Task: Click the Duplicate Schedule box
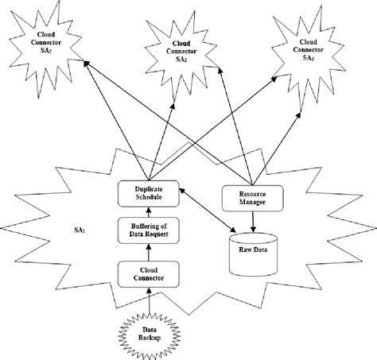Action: [x=150, y=192]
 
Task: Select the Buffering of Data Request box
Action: [x=150, y=233]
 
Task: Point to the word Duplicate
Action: [x=150, y=187]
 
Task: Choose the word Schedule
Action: [x=150, y=196]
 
